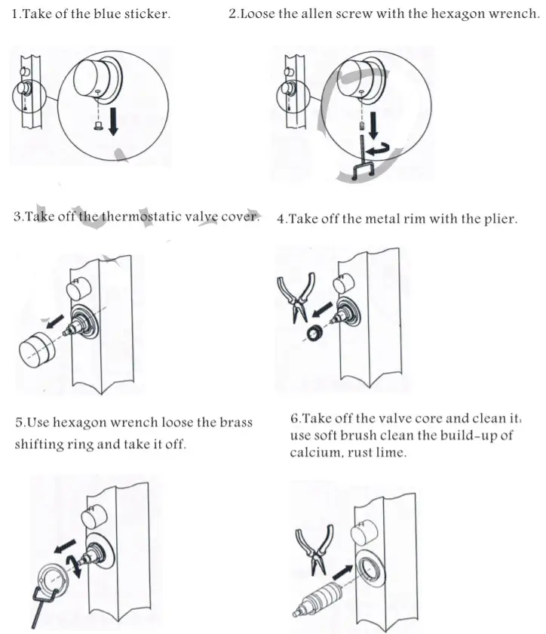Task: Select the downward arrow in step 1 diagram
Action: tap(114, 119)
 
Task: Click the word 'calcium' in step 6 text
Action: tap(312, 453)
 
